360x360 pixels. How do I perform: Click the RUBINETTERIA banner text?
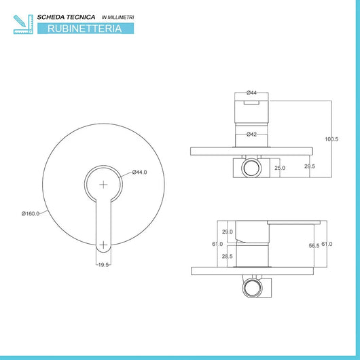85,29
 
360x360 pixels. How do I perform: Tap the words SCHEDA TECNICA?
66,17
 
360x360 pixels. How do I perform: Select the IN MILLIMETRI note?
118,17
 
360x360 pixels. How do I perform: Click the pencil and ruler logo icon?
23,24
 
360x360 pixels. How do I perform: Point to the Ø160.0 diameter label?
31,214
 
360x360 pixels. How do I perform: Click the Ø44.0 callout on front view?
140,173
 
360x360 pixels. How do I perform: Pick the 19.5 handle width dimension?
103,265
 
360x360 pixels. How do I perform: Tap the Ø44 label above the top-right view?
251,93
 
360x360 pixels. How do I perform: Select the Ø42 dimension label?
251,134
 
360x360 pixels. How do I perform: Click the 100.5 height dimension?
331,139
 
